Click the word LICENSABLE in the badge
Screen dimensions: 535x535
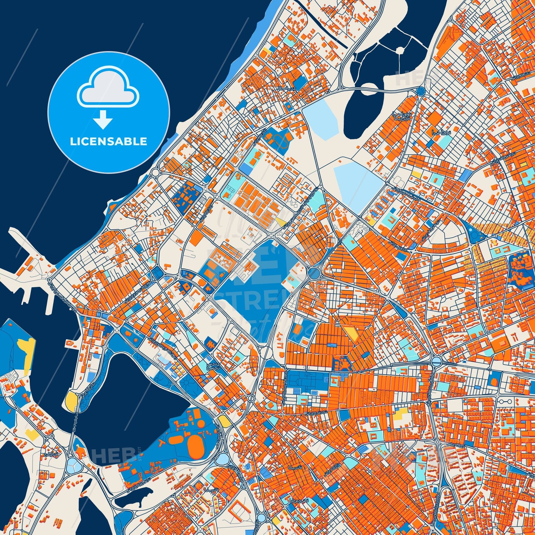(x=108, y=141)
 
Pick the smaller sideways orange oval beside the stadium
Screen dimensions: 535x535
(x=176, y=440)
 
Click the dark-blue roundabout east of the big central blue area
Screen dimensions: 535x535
(x=314, y=274)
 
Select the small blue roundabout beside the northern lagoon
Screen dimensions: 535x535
(x=421, y=91)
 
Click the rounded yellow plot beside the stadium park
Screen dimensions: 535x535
(x=224, y=421)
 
